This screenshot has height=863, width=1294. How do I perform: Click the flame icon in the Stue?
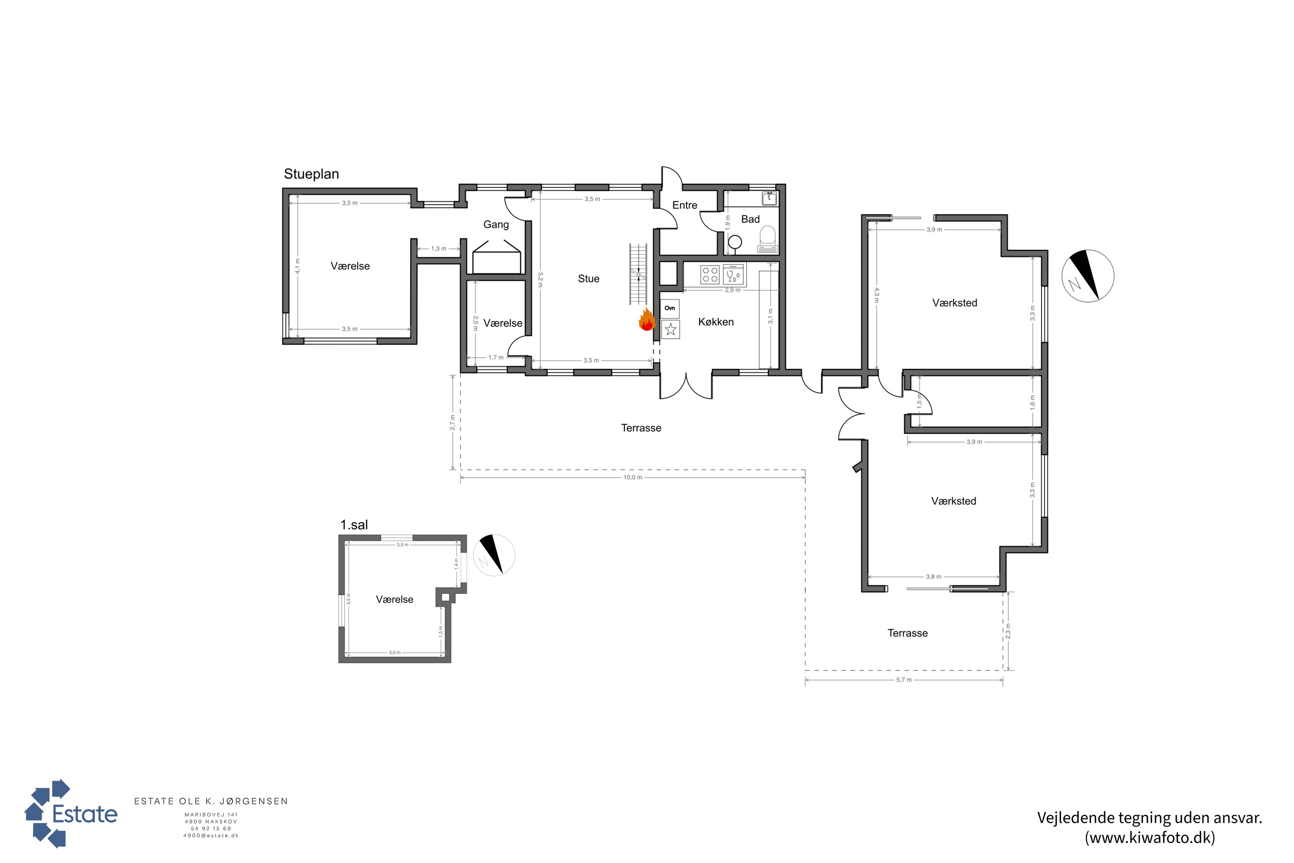[x=647, y=319]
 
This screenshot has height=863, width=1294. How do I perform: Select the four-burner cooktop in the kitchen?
[x=710, y=274]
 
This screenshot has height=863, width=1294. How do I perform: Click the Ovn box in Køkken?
[x=670, y=308]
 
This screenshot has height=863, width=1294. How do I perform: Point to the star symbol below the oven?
[x=671, y=330]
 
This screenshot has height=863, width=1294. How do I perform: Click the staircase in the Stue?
[x=638, y=274]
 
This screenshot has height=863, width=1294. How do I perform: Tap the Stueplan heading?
[x=311, y=174]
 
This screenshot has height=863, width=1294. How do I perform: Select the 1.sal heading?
[x=354, y=525]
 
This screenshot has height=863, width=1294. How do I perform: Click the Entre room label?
[x=685, y=205]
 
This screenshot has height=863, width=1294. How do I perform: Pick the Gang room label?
[x=496, y=224]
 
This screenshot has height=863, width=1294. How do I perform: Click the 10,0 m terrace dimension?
[x=633, y=477]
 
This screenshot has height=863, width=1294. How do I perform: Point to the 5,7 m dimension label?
[x=904, y=680]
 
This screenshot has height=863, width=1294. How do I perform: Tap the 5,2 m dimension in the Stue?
[x=540, y=280]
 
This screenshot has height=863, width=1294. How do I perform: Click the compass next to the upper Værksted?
[x=1088, y=276]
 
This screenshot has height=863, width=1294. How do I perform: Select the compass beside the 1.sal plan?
[x=494, y=555]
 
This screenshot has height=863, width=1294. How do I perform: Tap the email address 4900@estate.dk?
[x=211, y=835]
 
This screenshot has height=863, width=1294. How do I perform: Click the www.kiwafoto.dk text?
[x=1150, y=838]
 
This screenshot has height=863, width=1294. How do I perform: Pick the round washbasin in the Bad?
[x=735, y=242]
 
